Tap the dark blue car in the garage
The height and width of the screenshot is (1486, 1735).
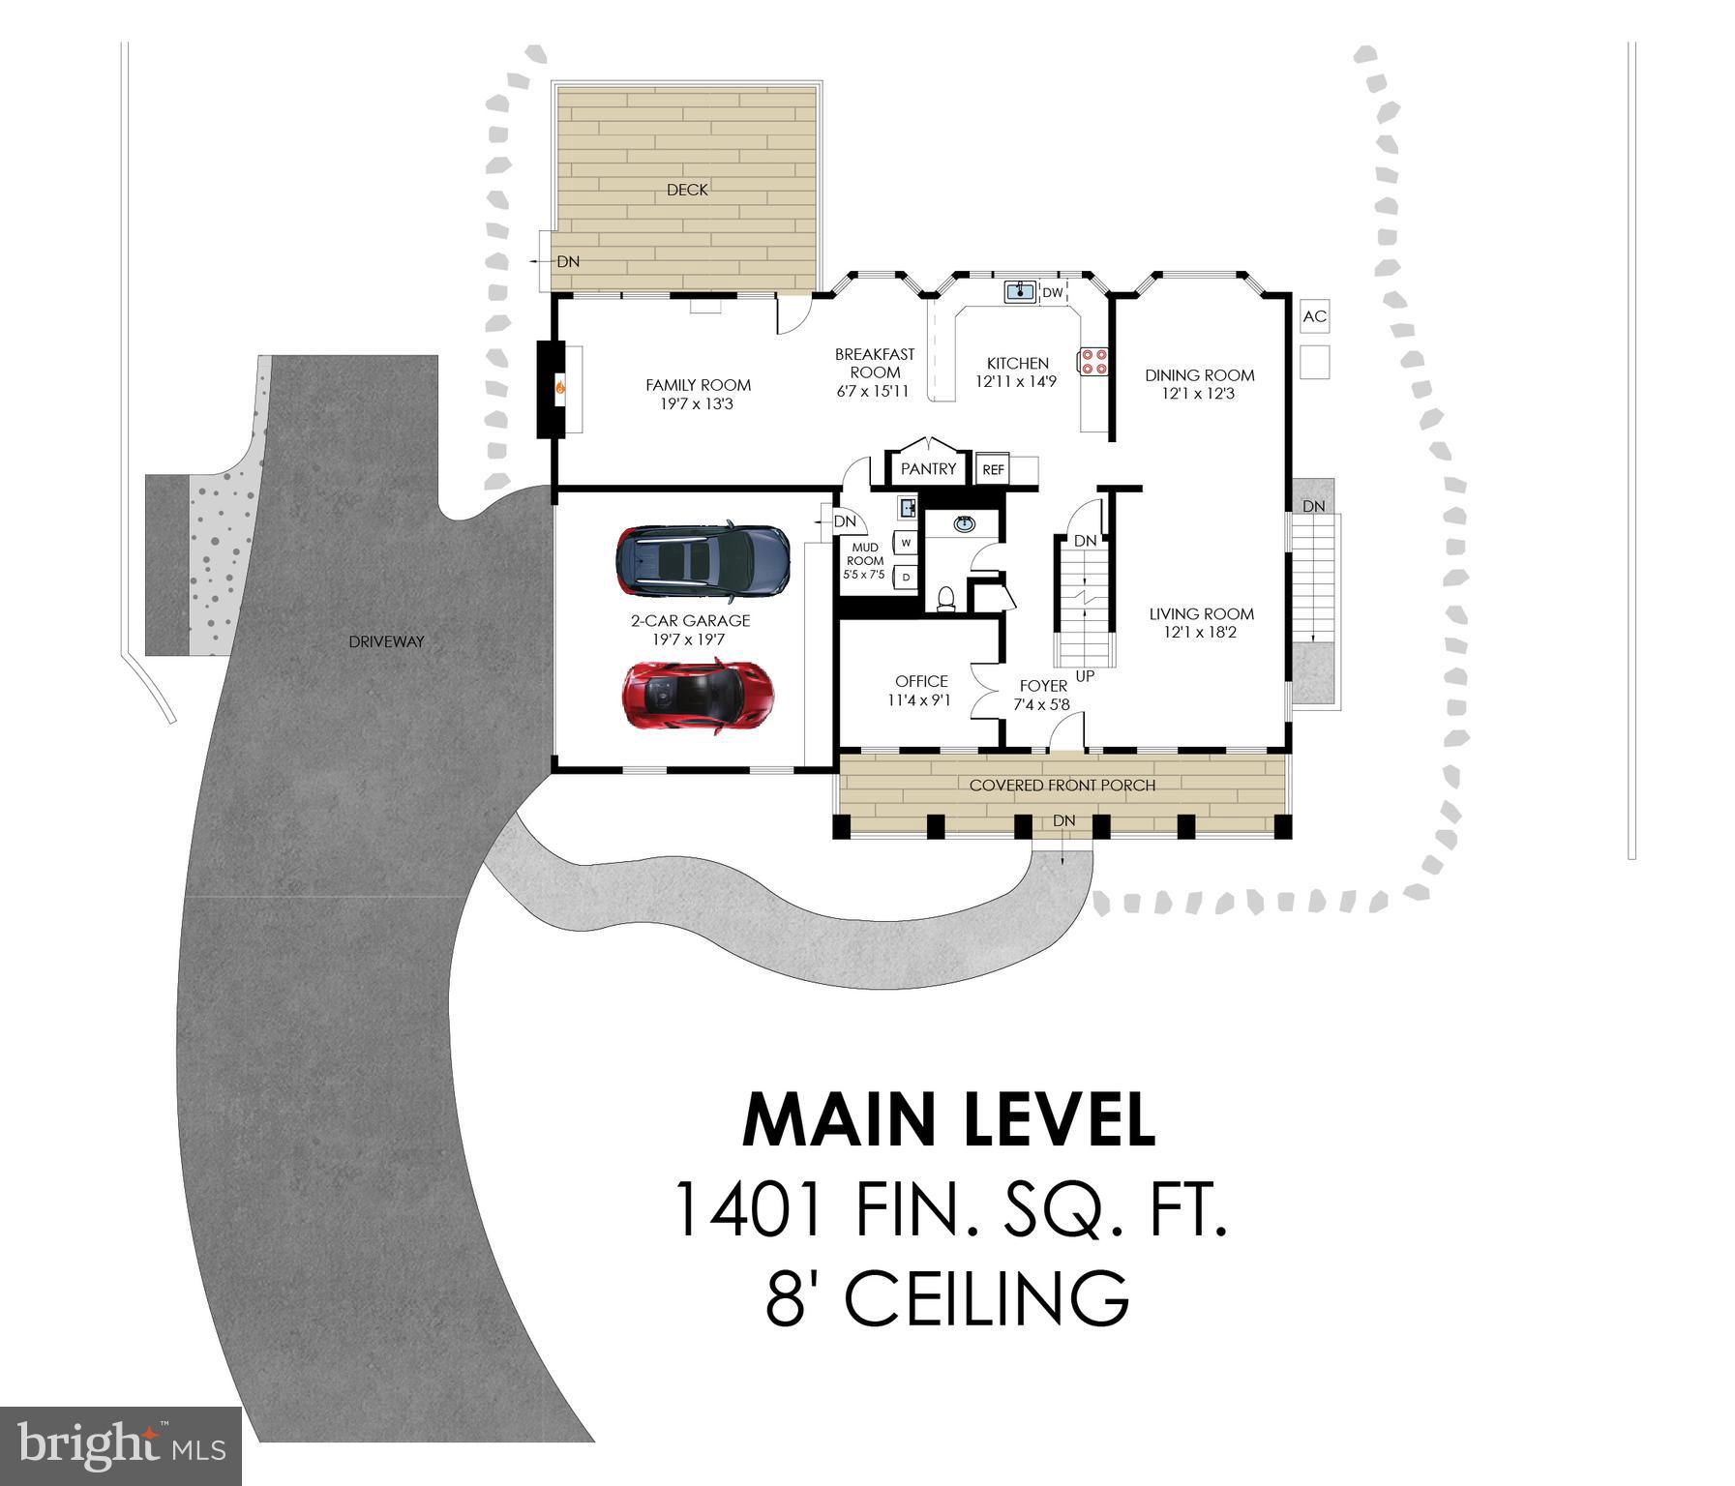[x=703, y=558]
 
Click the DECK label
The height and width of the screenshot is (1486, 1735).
[x=687, y=190]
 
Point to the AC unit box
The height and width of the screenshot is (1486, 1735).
[x=1315, y=315]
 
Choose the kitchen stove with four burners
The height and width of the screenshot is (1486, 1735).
[x=1093, y=361]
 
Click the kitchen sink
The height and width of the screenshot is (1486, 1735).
[x=1019, y=290]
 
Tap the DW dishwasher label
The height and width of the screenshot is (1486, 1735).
[x=1052, y=292]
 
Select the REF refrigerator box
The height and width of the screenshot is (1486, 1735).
[x=993, y=469]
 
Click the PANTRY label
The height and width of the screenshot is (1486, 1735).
[x=928, y=469]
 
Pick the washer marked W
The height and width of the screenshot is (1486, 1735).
[x=906, y=543]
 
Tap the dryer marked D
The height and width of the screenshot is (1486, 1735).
[x=906, y=578]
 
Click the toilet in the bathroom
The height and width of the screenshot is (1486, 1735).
[x=946, y=599]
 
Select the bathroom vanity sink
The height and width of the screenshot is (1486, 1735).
[x=964, y=524]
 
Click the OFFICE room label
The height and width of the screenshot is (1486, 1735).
[x=921, y=681]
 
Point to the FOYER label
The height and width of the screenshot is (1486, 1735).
[x=1043, y=686]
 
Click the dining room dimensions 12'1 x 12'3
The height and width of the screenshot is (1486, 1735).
[x=1198, y=394]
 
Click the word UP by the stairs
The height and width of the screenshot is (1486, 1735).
[x=1085, y=676]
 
